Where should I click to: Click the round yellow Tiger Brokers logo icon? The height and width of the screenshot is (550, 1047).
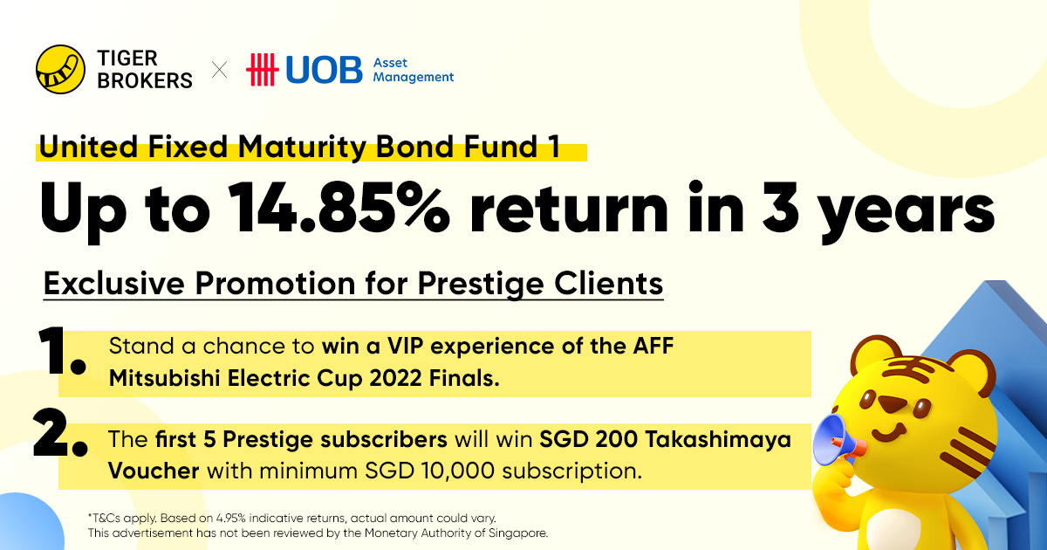[x=60, y=69]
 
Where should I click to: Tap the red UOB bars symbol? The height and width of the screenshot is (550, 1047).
[x=263, y=70]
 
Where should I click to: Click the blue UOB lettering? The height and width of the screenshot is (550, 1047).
[x=324, y=70]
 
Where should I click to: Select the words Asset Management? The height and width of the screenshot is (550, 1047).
[x=414, y=70]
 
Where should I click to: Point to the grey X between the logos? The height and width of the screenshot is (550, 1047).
[x=219, y=70]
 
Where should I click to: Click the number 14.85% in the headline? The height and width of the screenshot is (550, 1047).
[x=339, y=207]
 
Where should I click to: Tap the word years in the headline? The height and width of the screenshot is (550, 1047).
[x=907, y=213]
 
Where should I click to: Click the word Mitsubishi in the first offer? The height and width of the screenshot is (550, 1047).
[x=165, y=378]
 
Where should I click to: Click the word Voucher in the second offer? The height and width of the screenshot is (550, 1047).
[x=154, y=471]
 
